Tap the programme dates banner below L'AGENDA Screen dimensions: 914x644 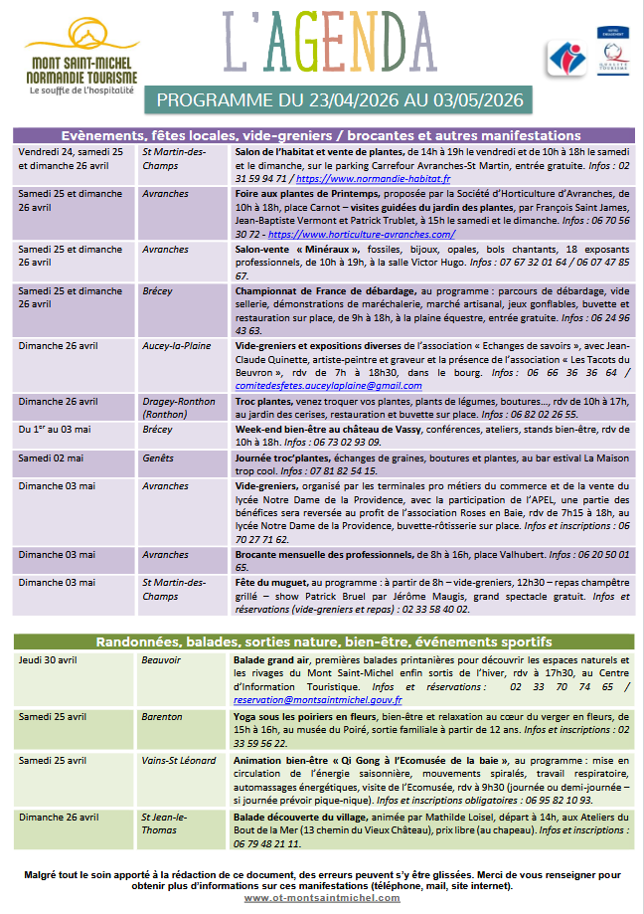click(340, 100)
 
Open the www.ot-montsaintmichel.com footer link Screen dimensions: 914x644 click(322, 897)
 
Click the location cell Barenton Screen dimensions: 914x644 click(162, 716)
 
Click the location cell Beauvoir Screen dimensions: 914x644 click(161, 659)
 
